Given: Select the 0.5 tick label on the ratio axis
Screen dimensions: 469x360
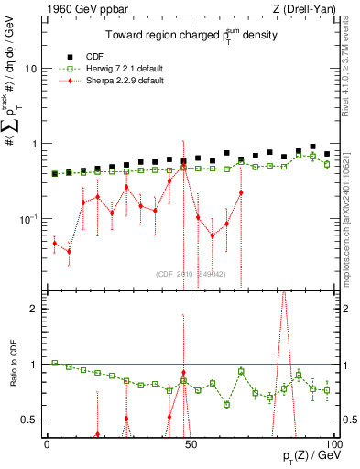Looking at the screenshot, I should [29, 420].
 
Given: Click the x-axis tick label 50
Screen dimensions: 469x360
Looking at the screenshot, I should [189, 443].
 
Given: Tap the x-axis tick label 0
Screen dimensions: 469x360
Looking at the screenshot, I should [47, 443].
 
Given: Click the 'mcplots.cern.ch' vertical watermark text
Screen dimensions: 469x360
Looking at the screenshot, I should [351, 220].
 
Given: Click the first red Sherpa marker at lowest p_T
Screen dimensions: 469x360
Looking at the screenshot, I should [55, 243].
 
